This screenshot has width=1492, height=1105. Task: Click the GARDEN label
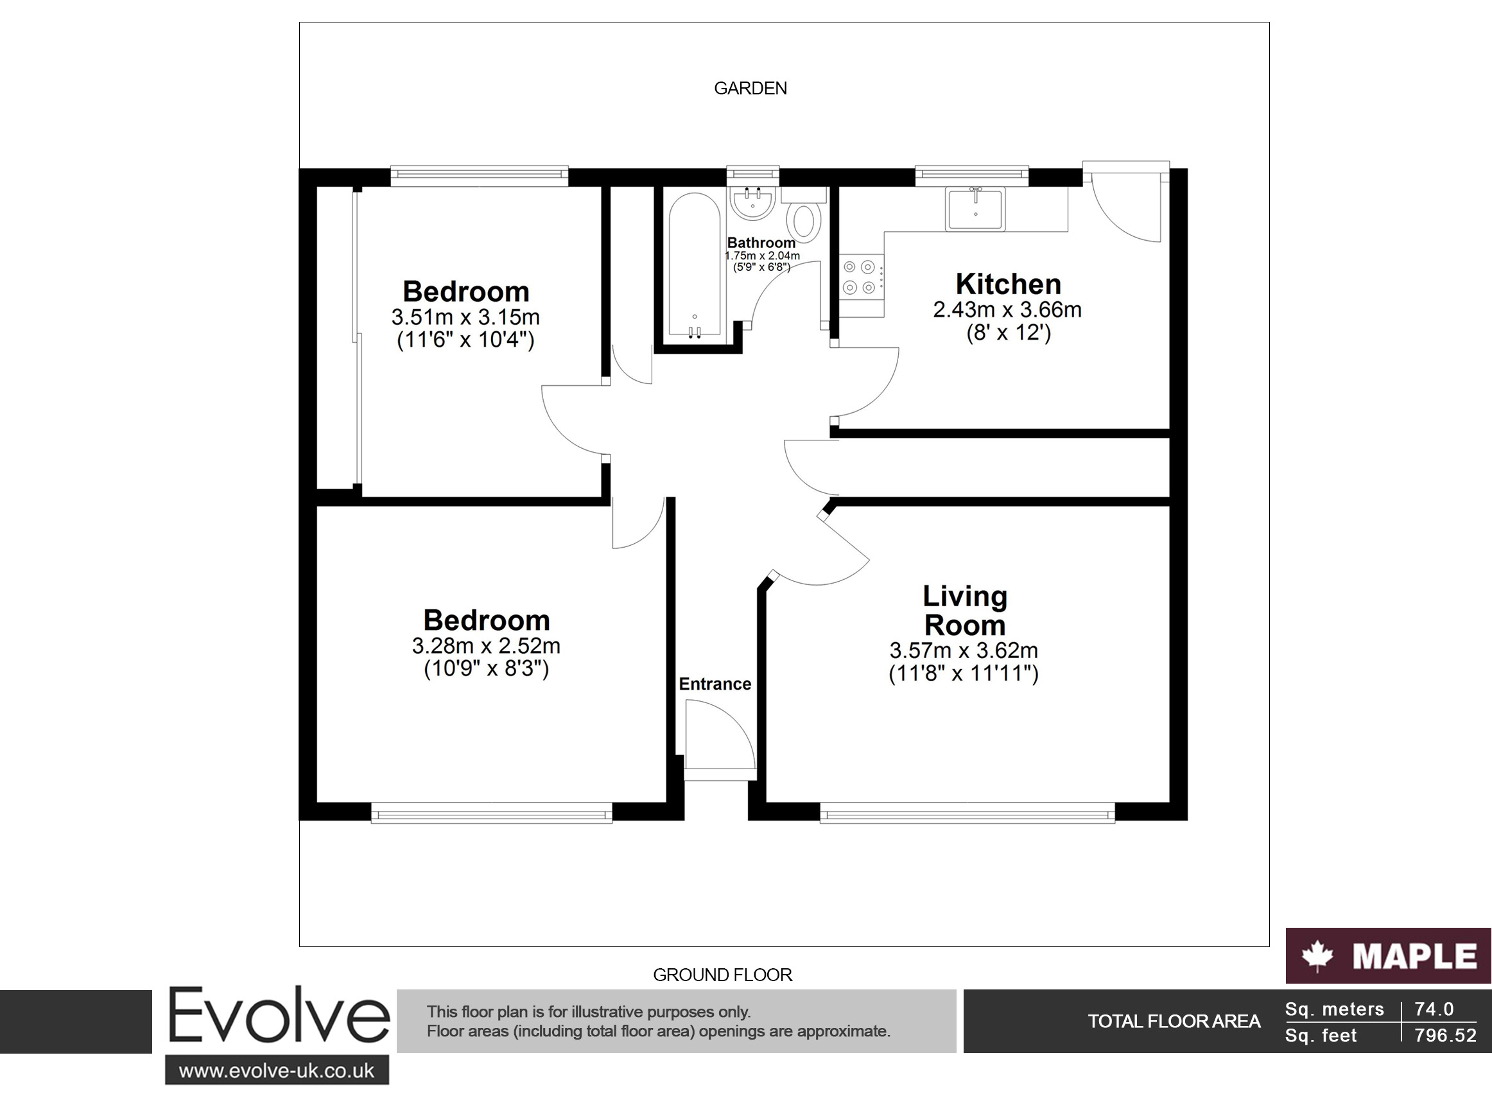(x=750, y=89)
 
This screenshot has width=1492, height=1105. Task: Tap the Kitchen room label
(x=1008, y=284)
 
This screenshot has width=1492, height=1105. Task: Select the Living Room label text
(x=965, y=611)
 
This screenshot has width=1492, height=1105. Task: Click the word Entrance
(x=715, y=684)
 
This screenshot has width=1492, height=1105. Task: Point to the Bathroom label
(x=761, y=243)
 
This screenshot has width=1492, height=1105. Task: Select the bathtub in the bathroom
(x=695, y=264)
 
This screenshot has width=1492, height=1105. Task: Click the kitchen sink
(x=975, y=209)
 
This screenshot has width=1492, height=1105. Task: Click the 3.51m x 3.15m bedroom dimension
(x=465, y=317)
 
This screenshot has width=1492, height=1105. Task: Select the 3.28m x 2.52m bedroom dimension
(x=486, y=646)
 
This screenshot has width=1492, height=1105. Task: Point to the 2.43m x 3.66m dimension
(x=1007, y=309)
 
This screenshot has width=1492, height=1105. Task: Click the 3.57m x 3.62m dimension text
(x=964, y=650)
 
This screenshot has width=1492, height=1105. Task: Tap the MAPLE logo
(x=1389, y=955)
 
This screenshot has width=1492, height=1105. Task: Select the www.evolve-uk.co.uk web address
(x=277, y=1071)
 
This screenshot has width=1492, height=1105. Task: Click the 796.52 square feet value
(x=1445, y=1036)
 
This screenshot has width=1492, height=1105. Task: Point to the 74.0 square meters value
(x=1434, y=1009)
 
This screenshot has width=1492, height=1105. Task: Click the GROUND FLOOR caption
(x=722, y=975)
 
